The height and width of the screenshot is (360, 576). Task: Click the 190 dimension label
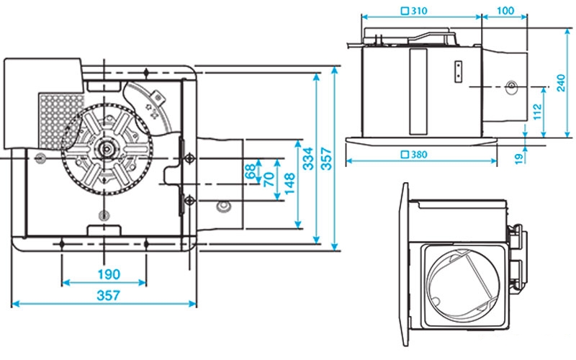[105, 274]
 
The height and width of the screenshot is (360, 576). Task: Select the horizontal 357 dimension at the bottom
[105, 295]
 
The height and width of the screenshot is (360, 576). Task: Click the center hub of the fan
[107, 150]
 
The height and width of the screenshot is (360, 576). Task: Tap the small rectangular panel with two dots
[458, 71]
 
